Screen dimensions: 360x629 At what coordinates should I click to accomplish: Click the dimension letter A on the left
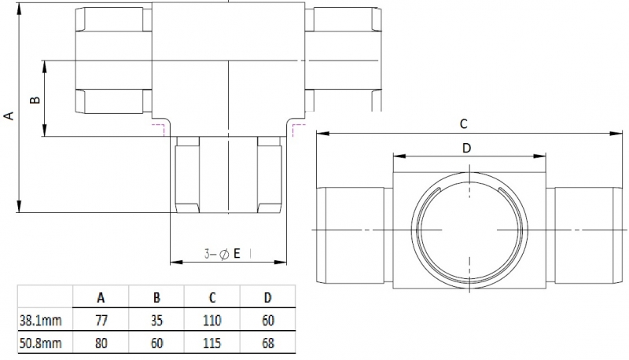click(x=9, y=116)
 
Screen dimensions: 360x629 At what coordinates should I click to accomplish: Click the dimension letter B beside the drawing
click(x=34, y=100)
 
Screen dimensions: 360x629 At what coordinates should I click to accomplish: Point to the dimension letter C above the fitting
click(x=464, y=123)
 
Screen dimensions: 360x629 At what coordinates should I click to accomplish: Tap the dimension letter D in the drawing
click(x=466, y=148)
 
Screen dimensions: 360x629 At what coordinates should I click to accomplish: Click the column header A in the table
click(x=101, y=297)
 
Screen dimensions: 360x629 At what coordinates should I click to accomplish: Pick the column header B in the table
click(x=156, y=297)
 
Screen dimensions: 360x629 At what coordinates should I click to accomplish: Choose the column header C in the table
click(x=212, y=297)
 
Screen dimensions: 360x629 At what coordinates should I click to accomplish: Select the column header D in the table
click(x=267, y=297)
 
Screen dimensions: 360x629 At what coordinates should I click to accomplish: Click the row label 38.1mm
click(x=40, y=320)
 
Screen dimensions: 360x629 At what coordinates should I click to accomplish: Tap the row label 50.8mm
click(x=40, y=343)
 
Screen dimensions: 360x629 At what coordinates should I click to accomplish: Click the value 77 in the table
click(x=101, y=320)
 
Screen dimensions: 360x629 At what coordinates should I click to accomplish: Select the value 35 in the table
click(x=156, y=320)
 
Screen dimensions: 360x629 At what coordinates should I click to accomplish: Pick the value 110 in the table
click(x=212, y=320)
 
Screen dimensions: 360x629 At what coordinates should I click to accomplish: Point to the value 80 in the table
click(x=101, y=343)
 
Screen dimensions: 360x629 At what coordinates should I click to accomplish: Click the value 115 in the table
click(x=212, y=343)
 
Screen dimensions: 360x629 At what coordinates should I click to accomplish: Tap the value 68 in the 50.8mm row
click(x=267, y=343)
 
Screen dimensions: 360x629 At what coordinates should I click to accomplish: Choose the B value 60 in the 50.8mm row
click(x=156, y=343)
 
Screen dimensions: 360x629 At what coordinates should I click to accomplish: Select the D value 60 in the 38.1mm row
click(x=267, y=320)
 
